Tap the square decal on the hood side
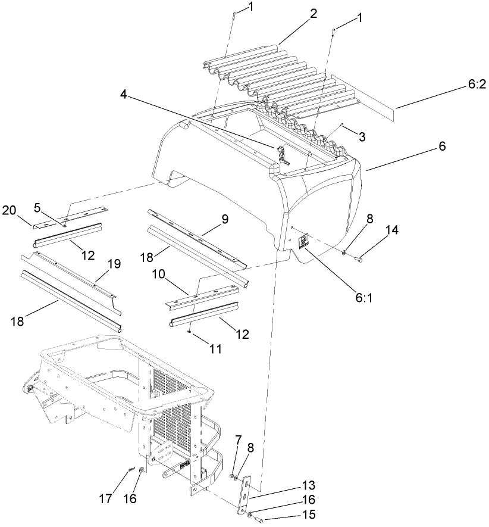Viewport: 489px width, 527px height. click(x=303, y=241)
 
